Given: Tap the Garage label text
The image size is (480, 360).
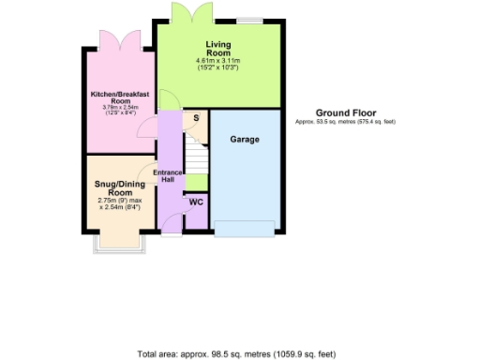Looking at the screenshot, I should (x=245, y=140).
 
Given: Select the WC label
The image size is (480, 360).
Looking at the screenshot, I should (x=196, y=202).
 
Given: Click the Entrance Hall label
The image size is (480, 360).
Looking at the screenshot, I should (x=169, y=176).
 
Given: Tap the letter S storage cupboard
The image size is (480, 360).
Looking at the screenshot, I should (x=195, y=118).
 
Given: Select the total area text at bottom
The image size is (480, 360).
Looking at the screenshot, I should (x=235, y=353).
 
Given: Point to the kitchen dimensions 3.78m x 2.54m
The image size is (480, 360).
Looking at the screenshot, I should (x=119, y=110).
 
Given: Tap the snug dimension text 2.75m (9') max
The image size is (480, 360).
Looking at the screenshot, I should (x=118, y=200).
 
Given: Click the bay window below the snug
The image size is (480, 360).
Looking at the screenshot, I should (x=118, y=244).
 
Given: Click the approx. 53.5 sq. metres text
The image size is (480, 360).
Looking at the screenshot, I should (x=345, y=122).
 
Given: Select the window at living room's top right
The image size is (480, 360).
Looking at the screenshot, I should (x=248, y=20).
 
